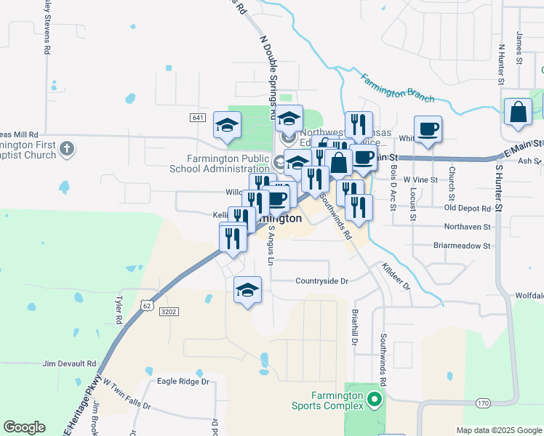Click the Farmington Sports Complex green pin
(x=375, y=399)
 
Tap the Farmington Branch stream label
(x=398, y=87)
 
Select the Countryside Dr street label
(x=321, y=280)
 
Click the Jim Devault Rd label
(x=69, y=363)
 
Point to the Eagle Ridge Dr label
(x=183, y=381)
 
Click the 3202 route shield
(x=168, y=311)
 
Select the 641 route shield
(x=199, y=118)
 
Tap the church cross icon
(x=66, y=150)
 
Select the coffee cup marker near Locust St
(x=428, y=129)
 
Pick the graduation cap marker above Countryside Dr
(x=247, y=289)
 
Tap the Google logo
(x=24, y=427)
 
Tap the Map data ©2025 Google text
(x=498, y=430)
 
